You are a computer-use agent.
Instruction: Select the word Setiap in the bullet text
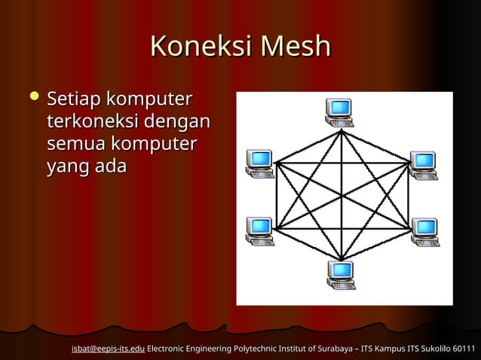[74, 99]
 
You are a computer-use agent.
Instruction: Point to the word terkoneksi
[93, 121]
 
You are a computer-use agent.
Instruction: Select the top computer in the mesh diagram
[339, 111]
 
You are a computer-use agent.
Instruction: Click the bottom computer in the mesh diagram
[341, 274]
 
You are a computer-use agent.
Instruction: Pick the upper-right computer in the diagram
[423, 165]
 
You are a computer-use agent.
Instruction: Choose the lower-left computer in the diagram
[259, 230]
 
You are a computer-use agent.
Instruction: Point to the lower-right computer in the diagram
[424, 231]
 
